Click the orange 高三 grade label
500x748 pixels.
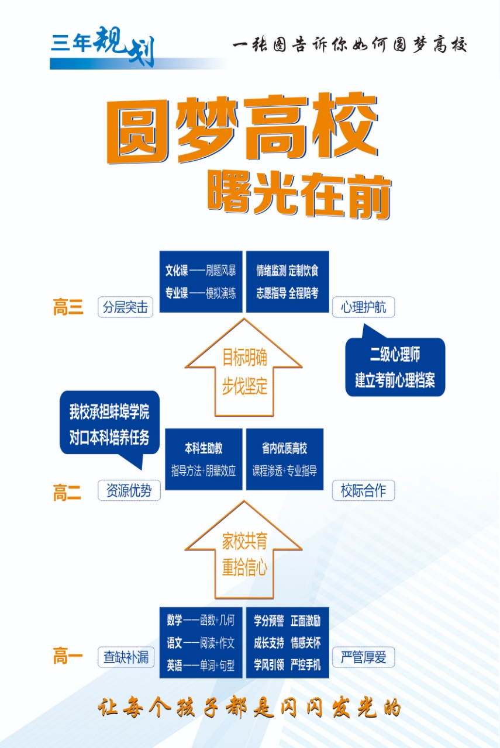click(x=68, y=307)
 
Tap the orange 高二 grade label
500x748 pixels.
click(x=67, y=492)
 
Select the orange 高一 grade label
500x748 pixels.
click(x=68, y=657)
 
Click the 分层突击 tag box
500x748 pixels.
click(x=125, y=307)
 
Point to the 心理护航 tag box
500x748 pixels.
click(x=363, y=307)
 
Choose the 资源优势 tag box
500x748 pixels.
click(x=129, y=491)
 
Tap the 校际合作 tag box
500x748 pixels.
click(x=363, y=491)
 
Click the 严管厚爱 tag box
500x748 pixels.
click(x=363, y=657)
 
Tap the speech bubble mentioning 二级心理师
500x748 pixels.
click(x=395, y=367)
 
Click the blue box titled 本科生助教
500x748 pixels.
click(x=204, y=459)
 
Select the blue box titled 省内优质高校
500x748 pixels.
click(x=285, y=459)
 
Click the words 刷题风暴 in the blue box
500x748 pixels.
click(x=221, y=271)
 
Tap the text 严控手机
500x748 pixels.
click(x=305, y=665)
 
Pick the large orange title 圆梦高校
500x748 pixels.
click(x=242, y=130)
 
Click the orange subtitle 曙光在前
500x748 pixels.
click(x=298, y=194)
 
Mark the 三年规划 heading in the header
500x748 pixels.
click(x=103, y=46)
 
